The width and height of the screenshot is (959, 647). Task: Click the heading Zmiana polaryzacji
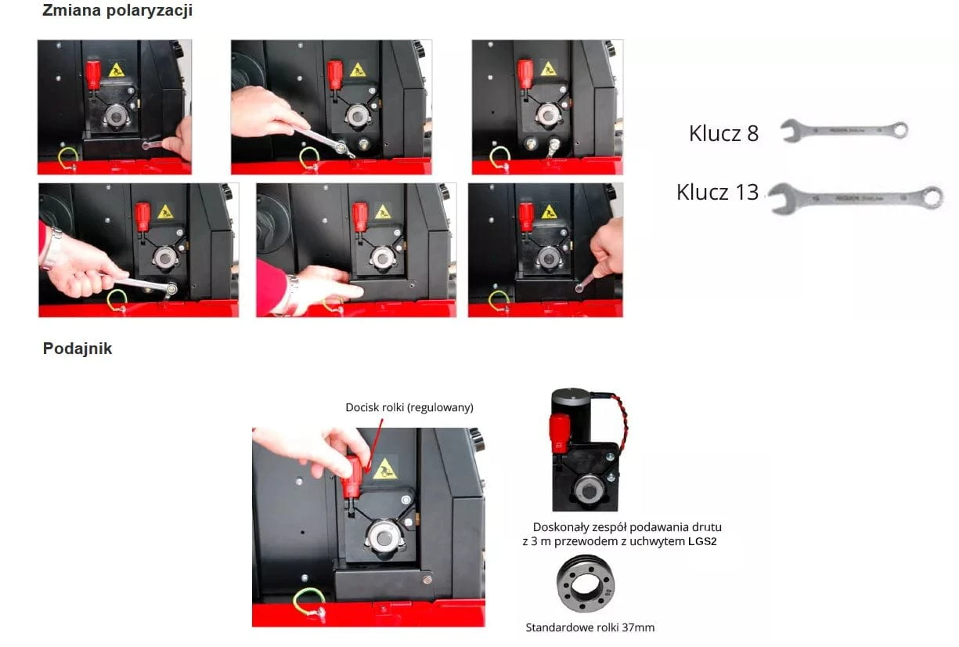pos(117,11)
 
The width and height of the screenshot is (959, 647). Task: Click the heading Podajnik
pos(78,349)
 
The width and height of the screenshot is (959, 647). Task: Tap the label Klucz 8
pos(723,133)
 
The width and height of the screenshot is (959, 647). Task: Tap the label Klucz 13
pos(718,192)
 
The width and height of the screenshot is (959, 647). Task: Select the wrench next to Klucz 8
pos(844,130)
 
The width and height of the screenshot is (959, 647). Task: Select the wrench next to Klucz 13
pos(856,198)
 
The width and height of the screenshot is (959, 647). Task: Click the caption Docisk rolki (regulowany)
pos(409,407)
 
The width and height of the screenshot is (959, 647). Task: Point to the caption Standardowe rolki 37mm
pos(590,627)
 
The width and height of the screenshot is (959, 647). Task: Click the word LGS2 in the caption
pos(702,541)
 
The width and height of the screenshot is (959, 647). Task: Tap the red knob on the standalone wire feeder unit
pos(560,432)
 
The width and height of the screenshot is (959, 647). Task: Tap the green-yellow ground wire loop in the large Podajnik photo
pos(309,603)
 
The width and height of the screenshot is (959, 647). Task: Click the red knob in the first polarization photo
pos(93,74)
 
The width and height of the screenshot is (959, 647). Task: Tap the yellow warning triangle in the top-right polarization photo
pos(548,69)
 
